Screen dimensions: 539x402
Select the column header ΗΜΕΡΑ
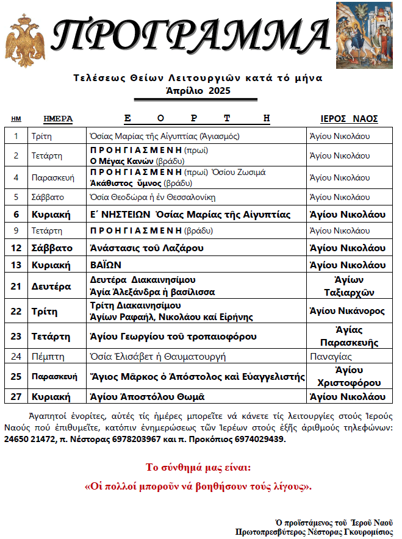click(58, 119)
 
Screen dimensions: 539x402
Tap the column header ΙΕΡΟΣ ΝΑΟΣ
click(349, 119)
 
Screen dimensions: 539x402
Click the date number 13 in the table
click(16, 265)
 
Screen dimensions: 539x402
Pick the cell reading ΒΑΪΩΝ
click(107, 265)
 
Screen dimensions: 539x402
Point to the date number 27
click(16, 396)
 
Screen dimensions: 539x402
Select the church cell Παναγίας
click(330, 356)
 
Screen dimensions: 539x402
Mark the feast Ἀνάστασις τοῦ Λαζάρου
click(146, 248)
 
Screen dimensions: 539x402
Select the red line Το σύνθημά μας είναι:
click(198, 468)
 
